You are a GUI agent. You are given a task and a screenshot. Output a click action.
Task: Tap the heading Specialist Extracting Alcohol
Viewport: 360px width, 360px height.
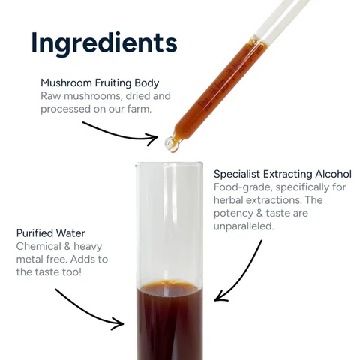click(282, 174)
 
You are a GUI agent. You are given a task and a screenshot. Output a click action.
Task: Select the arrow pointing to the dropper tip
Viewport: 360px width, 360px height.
click(120, 133)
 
